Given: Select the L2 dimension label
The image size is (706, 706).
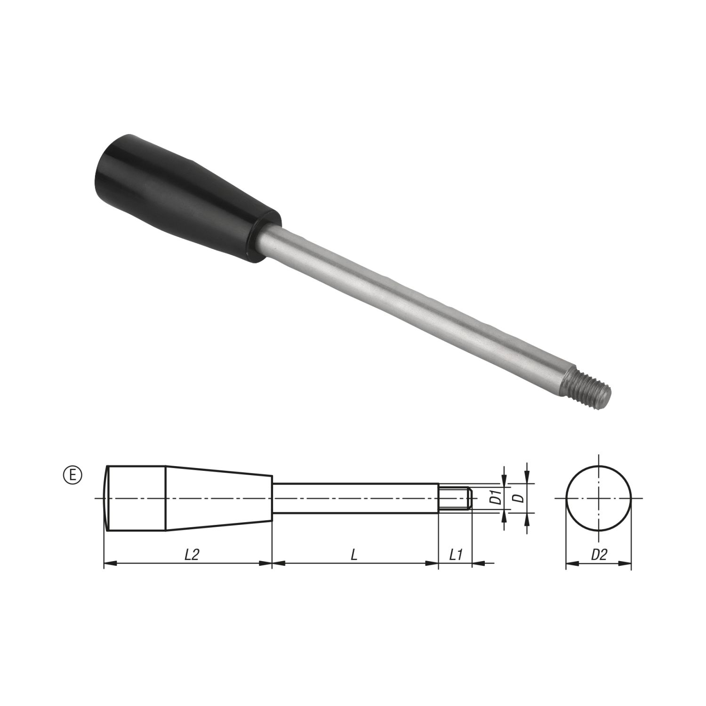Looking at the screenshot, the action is [x=191, y=555].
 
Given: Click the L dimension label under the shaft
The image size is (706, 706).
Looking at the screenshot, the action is [x=354, y=555].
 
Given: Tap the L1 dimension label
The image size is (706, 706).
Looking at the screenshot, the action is [x=455, y=555].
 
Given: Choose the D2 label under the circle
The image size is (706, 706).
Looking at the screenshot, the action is [x=599, y=555].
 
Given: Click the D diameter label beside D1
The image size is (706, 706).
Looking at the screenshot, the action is [x=519, y=498].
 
